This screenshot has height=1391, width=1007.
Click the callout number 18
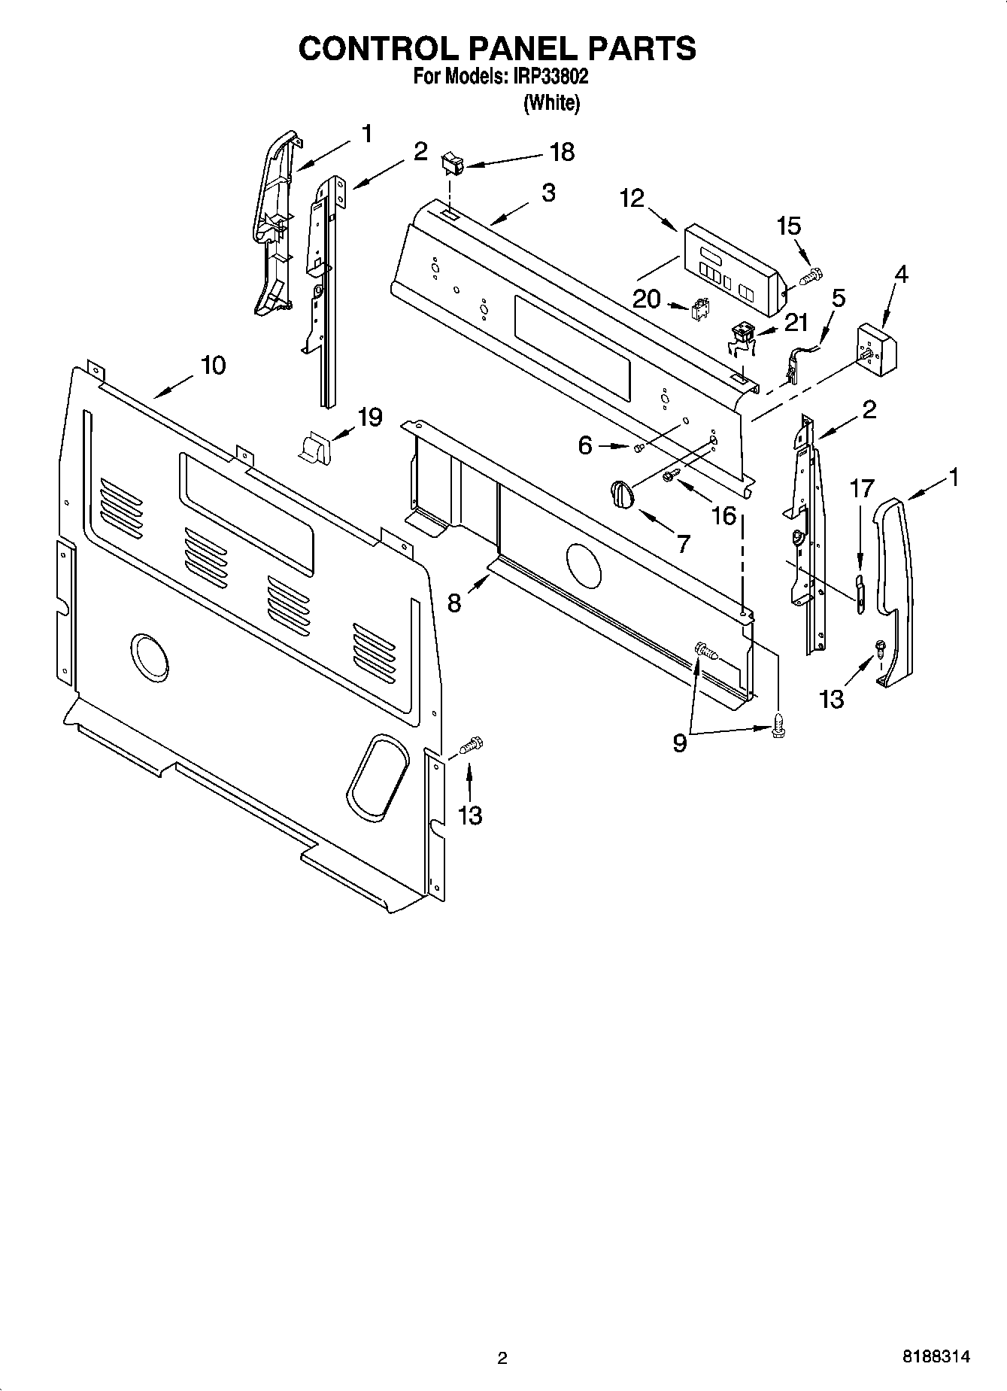(x=562, y=152)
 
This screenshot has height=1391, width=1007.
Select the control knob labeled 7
(x=622, y=496)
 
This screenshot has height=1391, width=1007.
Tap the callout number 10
(x=213, y=366)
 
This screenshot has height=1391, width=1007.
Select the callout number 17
(x=862, y=489)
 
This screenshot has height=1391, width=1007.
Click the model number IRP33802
(x=553, y=77)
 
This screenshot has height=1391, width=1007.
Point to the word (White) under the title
(x=551, y=103)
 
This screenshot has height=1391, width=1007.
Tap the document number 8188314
(x=936, y=1356)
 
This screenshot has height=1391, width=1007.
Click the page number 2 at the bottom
(x=502, y=1357)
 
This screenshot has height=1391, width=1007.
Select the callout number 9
(x=679, y=743)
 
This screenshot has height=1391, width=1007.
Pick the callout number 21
(x=796, y=323)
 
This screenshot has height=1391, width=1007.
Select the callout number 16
(x=723, y=515)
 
